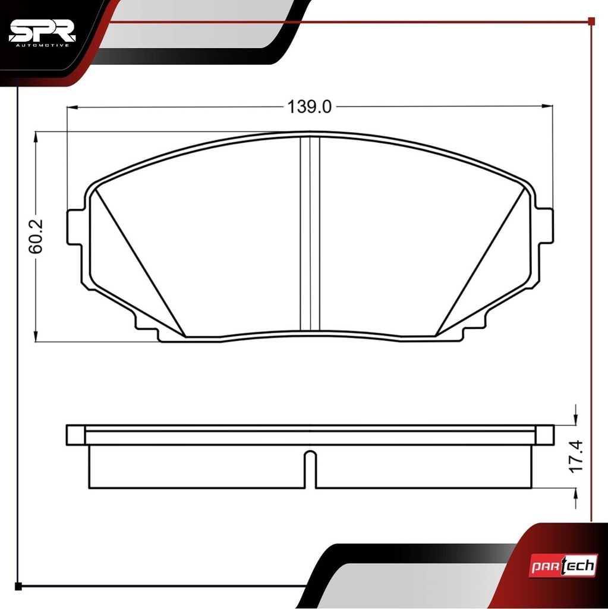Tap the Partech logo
[x=563, y=566]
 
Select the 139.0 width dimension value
[x=310, y=107]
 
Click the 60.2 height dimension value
[x=36, y=237]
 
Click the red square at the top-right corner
[x=591, y=21]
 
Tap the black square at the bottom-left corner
[x=18, y=586]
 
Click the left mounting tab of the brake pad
[x=74, y=227]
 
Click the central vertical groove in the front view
[x=310, y=233]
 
